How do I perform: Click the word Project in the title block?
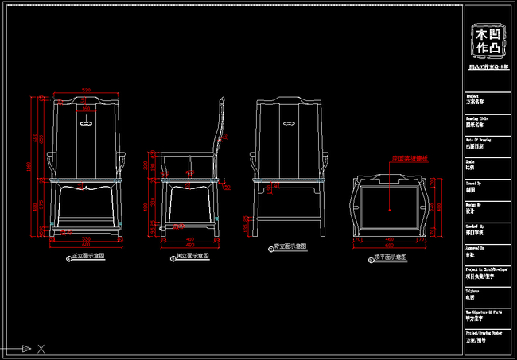(x=472, y=94)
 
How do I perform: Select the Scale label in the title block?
(x=470, y=160)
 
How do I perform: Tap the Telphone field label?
(x=473, y=291)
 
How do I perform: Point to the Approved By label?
(x=475, y=247)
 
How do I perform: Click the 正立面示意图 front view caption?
(x=88, y=257)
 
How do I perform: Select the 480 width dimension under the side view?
(x=190, y=242)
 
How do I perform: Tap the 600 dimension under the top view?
(x=390, y=242)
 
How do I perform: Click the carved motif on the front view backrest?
(x=86, y=122)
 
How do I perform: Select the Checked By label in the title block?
(x=475, y=225)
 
